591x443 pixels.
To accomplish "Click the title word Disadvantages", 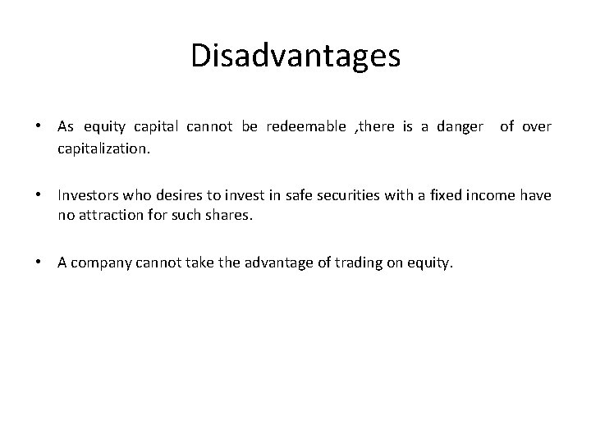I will pyautogui.click(x=295, y=56).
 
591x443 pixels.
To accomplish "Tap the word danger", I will pyautogui.click(x=461, y=126).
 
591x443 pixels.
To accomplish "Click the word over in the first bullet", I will pyautogui.click(x=538, y=126).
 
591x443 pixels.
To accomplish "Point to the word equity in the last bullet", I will pyautogui.click(x=429, y=263).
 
